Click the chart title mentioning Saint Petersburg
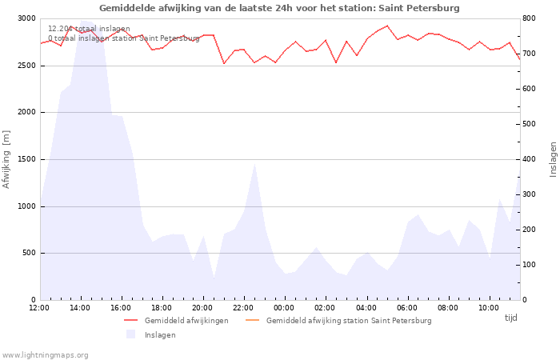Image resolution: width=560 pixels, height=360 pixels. (279, 8)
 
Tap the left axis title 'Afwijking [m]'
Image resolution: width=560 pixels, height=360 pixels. (6, 158)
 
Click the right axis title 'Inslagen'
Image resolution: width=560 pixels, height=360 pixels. (553, 158)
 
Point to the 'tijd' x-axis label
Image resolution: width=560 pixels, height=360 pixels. (510, 318)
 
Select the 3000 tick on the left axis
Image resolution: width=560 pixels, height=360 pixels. (26, 18)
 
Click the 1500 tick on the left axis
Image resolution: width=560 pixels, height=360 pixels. (26, 159)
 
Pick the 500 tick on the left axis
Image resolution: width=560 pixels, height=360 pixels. (29, 254)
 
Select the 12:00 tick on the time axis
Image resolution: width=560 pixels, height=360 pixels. (39, 307)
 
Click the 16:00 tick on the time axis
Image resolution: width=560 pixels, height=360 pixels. (121, 307)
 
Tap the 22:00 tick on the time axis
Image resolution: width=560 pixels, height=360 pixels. (243, 307)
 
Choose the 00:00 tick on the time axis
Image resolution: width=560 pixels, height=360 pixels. (284, 307)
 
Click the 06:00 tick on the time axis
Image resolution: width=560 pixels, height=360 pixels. (406, 307)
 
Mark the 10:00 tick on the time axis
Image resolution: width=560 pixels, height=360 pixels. (488, 307)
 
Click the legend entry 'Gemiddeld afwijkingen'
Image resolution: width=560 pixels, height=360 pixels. (186, 321)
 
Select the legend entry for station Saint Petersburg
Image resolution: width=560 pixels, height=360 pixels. (348, 321)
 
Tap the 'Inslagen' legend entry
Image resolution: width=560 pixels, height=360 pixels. (159, 334)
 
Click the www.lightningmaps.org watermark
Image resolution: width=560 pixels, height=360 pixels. (46, 354)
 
